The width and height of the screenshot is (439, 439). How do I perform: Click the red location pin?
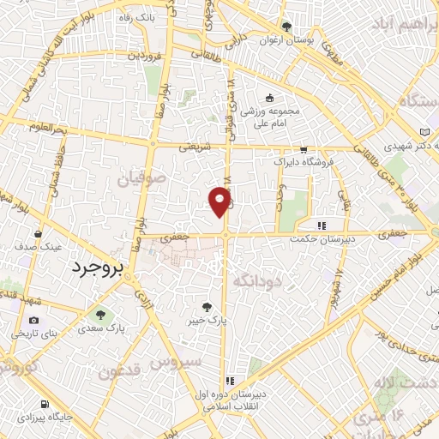[x=221, y=201]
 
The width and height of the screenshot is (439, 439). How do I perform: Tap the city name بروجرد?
[x=96, y=267]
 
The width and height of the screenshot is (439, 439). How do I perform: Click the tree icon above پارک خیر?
[x=206, y=306]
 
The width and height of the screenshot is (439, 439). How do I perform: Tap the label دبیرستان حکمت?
[x=318, y=239]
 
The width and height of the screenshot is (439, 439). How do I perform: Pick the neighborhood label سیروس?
[x=176, y=364]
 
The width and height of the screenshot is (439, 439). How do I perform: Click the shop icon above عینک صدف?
[x=38, y=233]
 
